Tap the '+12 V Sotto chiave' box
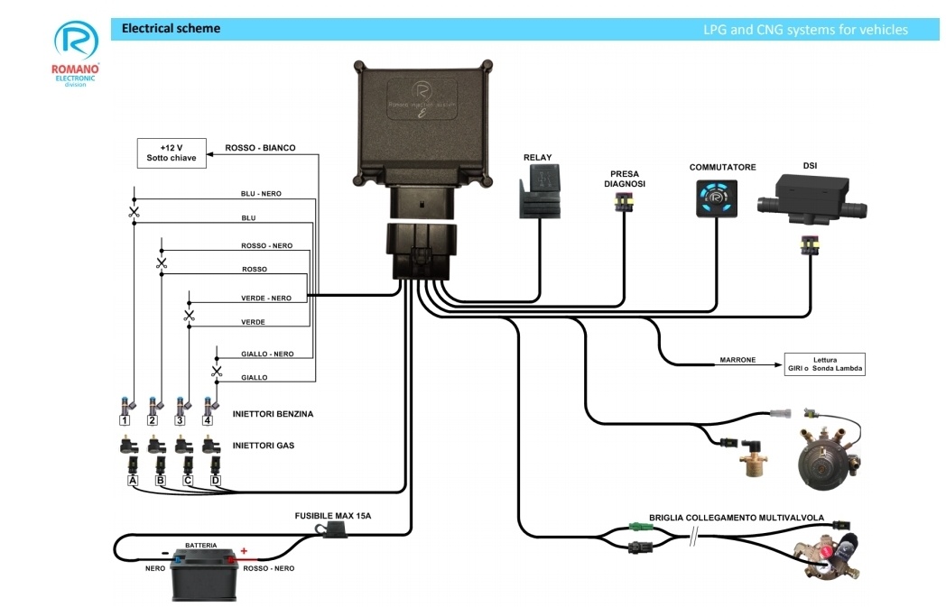[171, 153]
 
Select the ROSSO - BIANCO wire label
[260, 148]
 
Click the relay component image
[540, 193]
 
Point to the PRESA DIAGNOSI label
[625, 178]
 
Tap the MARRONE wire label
[737, 360]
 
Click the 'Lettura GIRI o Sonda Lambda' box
[824, 364]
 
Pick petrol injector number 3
[181, 410]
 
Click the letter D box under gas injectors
[215, 481]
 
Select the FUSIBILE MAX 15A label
[333, 516]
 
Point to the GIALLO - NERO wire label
[266, 354]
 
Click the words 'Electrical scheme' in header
[171, 29]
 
